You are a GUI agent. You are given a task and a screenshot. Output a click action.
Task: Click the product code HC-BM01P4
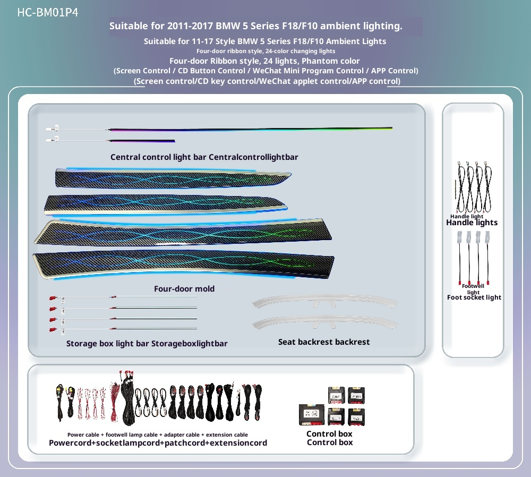click(48, 13)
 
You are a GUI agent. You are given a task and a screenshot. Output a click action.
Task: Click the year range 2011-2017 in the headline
click(190, 26)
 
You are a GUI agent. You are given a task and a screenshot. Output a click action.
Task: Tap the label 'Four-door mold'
click(184, 288)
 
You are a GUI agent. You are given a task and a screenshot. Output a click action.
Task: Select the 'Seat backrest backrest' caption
click(324, 342)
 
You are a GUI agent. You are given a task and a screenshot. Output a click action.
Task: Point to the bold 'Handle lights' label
click(472, 223)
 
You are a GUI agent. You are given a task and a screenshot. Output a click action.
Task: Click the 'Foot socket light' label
click(474, 297)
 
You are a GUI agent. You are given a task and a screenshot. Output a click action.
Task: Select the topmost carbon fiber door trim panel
click(173, 178)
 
